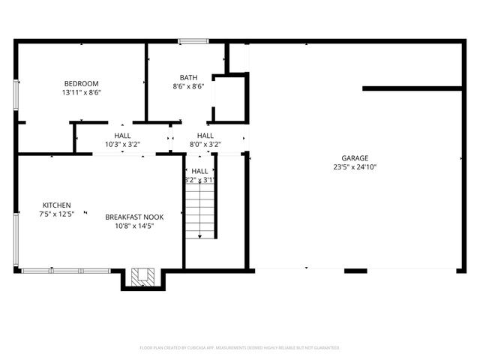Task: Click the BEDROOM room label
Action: tap(81, 83)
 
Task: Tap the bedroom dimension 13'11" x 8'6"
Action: tap(81, 92)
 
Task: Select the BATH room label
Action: tap(188, 77)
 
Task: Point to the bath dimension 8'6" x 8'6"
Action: tap(188, 87)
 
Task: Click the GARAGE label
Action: tap(355, 158)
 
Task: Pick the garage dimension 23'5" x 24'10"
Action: tap(355, 167)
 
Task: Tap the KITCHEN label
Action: tap(56, 205)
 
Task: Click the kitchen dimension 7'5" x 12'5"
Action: tap(56, 214)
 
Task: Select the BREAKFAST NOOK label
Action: tap(134, 217)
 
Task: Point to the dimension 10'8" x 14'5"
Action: tap(134, 226)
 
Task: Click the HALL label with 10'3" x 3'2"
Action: tap(122, 135)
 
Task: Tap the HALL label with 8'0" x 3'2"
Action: tap(205, 135)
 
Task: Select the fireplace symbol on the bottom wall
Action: tap(141, 277)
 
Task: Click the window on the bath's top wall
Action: tap(193, 41)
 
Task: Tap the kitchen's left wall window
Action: tap(16, 233)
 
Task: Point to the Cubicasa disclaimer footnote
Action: tap(240, 348)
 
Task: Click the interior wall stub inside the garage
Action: tap(412, 88)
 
